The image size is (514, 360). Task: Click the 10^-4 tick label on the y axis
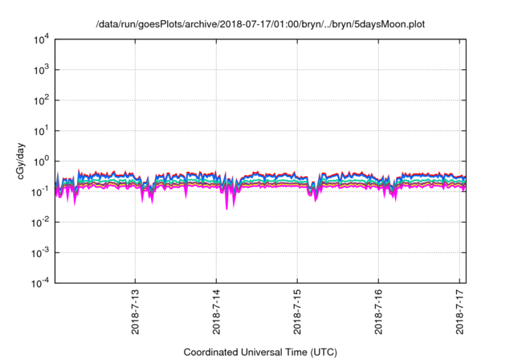tap(39, 283)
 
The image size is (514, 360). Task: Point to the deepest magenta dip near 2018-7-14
tap(226, 208)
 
